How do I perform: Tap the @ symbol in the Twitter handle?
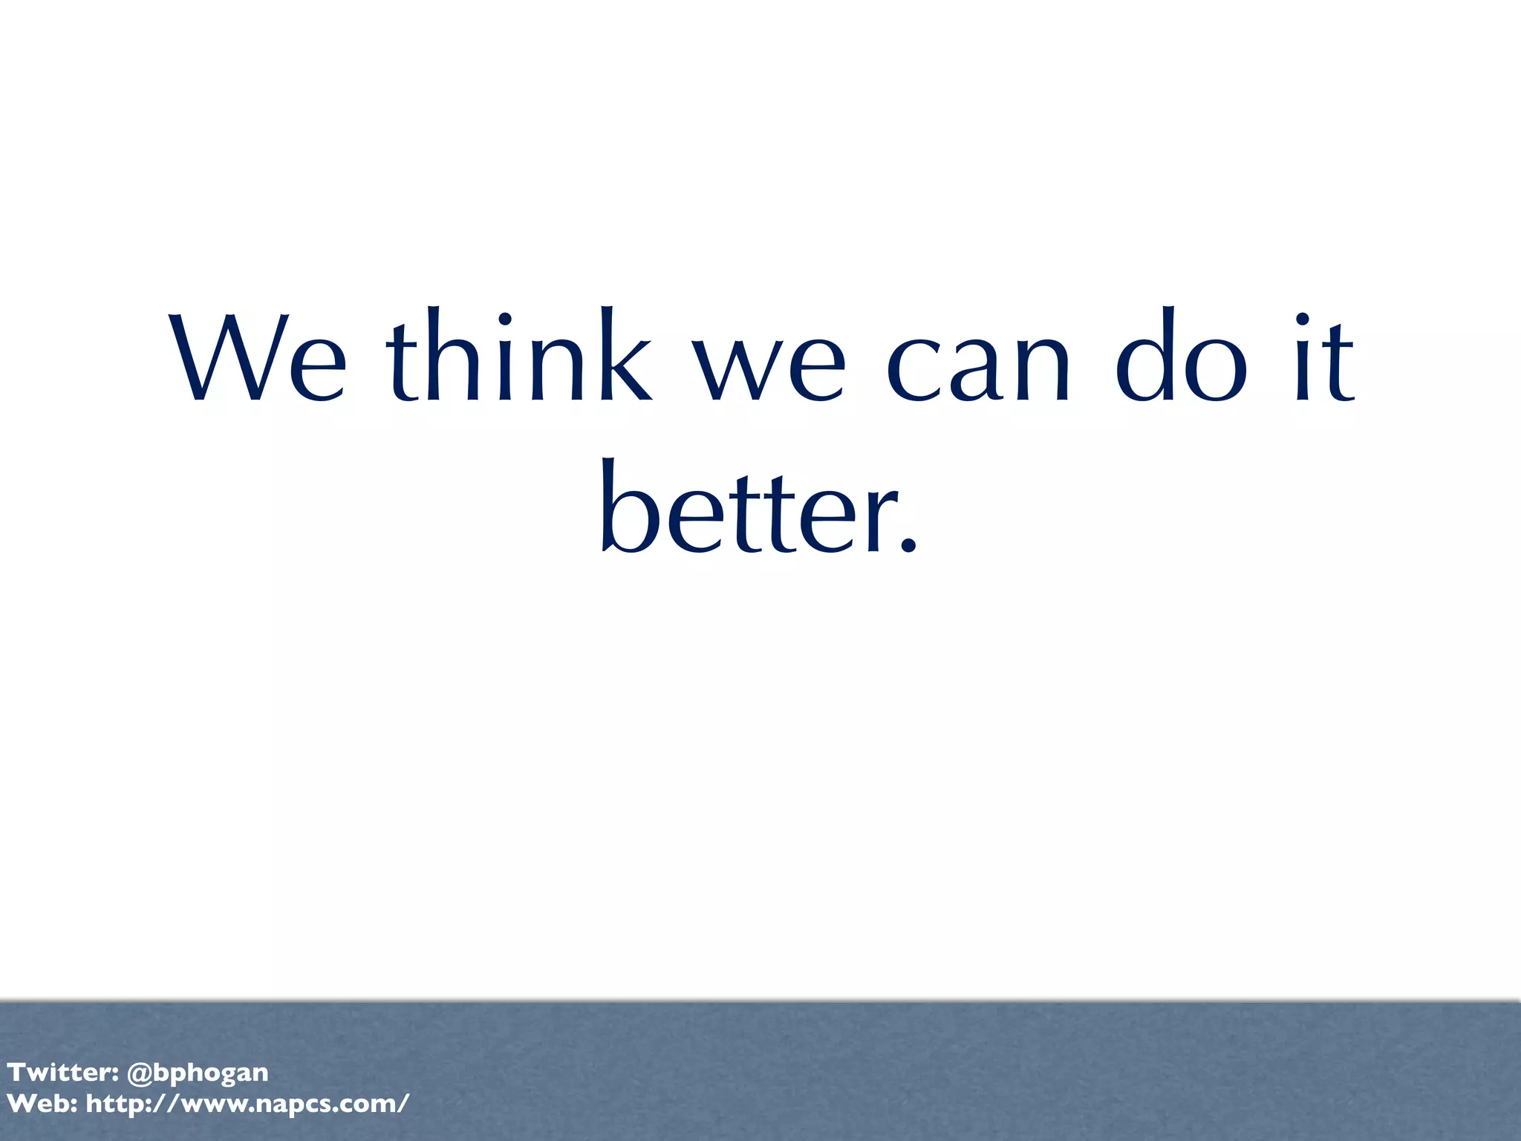140,1073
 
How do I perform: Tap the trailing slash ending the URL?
403,1104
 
